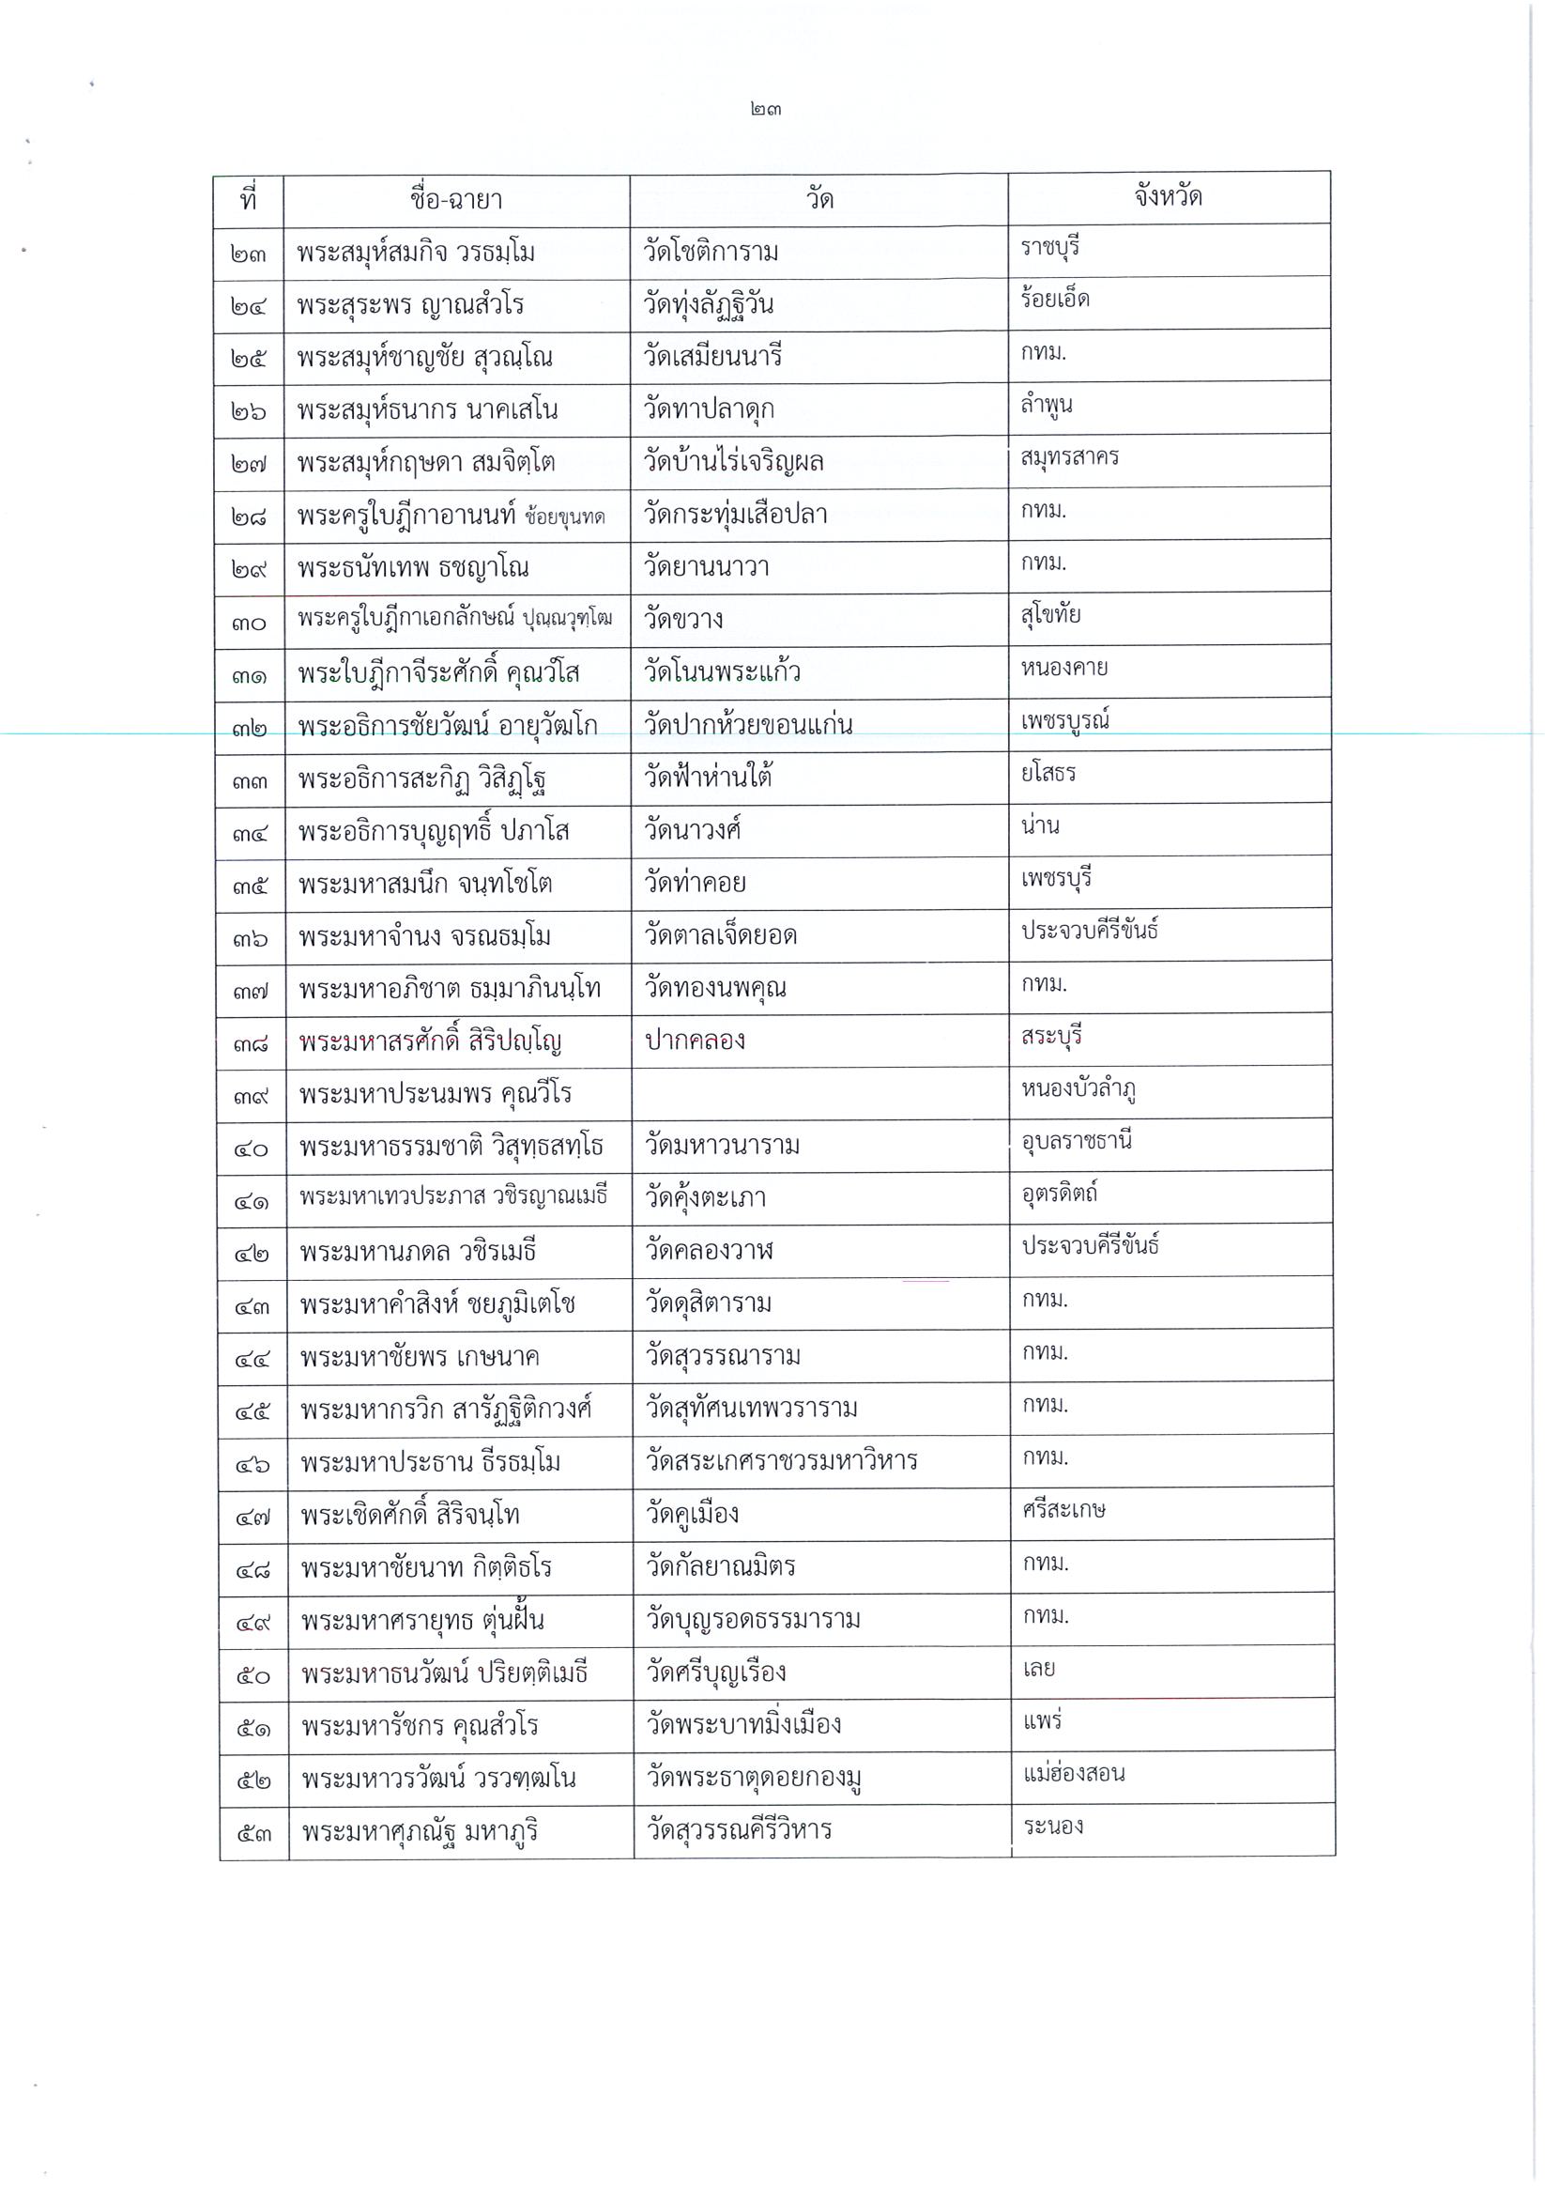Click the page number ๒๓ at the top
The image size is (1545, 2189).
coord(765,110)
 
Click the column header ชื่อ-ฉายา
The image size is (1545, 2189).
coord(455,199)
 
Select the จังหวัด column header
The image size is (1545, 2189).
coord(1168,196)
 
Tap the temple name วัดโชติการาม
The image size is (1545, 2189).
coord(711,252)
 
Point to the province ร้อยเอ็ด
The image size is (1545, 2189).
coord(1054,300)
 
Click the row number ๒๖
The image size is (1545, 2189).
coord(248,411)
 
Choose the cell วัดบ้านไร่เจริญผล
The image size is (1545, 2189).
coord(733,462)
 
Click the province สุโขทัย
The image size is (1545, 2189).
coord(1050,615)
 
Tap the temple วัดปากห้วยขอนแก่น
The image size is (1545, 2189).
coord(747,725)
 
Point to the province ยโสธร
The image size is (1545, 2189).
coord(1048,773)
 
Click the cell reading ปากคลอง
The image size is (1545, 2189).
coord(695,1041)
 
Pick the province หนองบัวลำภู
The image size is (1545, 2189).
coord(1078,1088)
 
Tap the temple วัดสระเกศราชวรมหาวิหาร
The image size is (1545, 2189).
coord(781,1460)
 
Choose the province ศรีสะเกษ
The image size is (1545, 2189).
coord(1063,1510)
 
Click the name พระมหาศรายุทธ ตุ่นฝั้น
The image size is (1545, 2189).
coord(422,1621)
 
